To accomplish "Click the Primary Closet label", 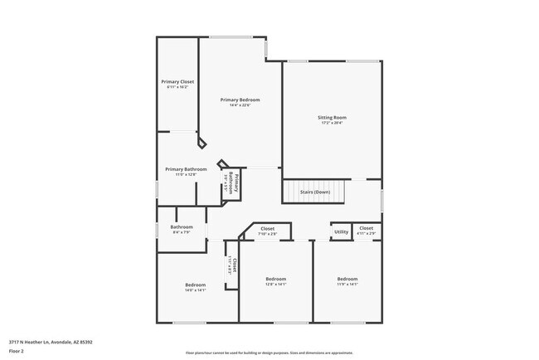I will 177,82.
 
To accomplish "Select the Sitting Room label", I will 332,118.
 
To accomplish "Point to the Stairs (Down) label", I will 315,192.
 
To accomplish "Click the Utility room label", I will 341,231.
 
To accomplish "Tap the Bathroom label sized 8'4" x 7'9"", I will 182,227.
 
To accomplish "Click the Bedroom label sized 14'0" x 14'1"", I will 195,285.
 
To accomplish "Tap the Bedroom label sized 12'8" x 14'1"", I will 275,279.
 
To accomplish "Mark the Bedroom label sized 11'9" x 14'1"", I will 347,279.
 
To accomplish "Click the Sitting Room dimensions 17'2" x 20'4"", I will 332,123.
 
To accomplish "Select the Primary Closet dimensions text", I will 177,87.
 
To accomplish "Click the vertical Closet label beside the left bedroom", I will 234,265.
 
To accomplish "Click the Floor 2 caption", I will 17,350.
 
